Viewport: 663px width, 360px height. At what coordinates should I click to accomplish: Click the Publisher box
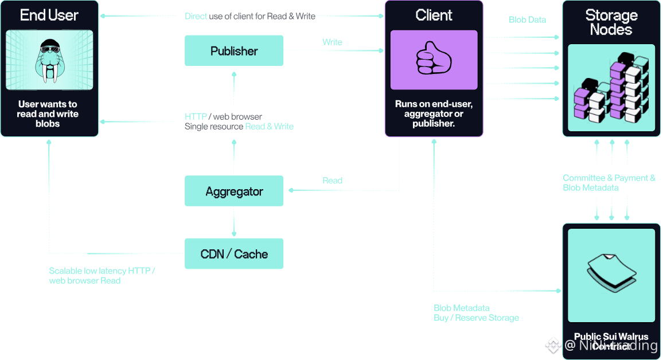[233, 51]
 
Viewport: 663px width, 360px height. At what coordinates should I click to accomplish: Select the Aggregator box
[233, 191]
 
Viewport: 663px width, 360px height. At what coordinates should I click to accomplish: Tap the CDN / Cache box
[233, 254]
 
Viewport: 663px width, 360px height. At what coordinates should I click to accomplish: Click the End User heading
[49, 15]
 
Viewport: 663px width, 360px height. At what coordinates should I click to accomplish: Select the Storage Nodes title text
[611, 22]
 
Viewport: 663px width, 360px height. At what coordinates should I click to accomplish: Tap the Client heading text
[434, 15]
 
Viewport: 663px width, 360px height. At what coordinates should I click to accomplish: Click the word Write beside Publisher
[332, 42]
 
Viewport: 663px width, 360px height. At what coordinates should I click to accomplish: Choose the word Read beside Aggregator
[332, 181]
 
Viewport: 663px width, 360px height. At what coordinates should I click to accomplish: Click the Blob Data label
[527, 20]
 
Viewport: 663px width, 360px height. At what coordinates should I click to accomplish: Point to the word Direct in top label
[196, 16]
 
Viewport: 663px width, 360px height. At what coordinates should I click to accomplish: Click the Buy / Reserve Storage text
[476, 318]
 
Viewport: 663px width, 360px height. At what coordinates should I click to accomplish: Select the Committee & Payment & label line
[609, 178]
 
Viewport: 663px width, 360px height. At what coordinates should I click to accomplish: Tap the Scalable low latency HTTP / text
[102, 271]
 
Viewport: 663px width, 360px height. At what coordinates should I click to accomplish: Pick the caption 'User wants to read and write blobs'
[48, 114]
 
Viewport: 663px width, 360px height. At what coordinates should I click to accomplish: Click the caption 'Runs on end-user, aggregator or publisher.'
[434, 114]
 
